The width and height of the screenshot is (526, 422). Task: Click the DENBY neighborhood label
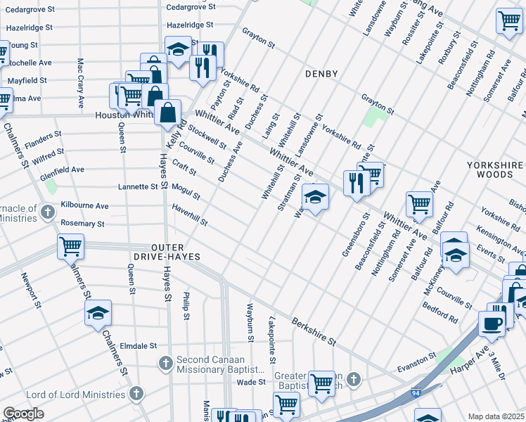pyautogui.click(x=322, y=74)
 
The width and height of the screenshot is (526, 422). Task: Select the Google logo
pyautogui.click(x=23, y=413)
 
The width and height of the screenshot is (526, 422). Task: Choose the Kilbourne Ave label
pyautogui.click(x=84, y=206)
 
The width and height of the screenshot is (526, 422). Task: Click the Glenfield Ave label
pyautogui.click(x=62, y=170)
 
